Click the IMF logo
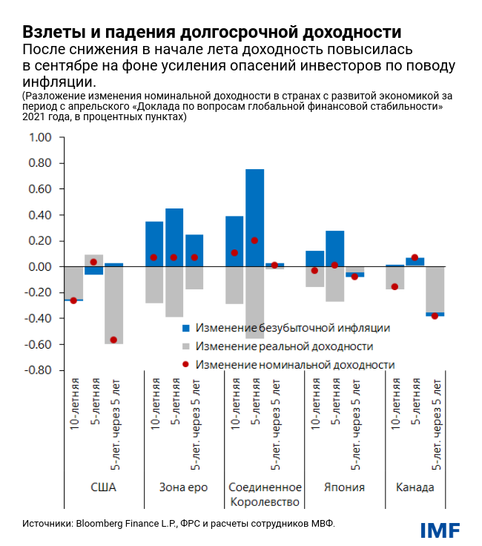[440, 530]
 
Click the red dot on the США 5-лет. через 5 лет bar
[113, 340]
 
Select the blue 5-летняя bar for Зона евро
[174, 237]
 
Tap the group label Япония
[345, 487]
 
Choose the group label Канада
[415, 487]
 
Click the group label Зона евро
[183, 487]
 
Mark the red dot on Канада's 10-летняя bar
[394, 286]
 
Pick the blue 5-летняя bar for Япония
[334, 249]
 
